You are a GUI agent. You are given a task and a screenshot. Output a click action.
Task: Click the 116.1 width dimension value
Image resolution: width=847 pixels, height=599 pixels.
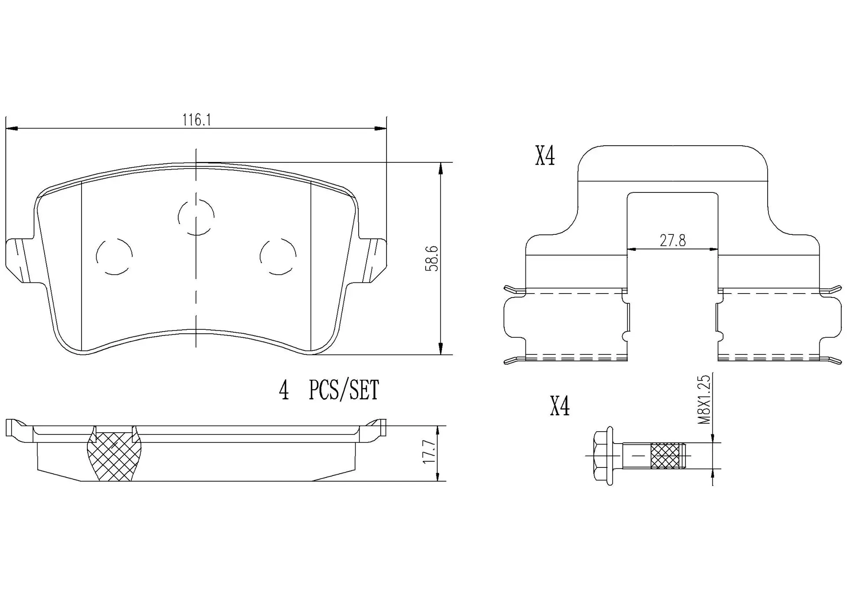(197, 120)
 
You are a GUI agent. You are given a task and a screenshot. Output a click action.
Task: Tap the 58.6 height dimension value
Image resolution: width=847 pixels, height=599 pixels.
(432, 259)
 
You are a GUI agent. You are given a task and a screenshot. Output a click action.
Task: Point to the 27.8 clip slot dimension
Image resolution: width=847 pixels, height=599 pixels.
(672, 241)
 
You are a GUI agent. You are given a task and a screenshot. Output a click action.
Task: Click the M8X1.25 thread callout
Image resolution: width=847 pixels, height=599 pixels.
(705, 400)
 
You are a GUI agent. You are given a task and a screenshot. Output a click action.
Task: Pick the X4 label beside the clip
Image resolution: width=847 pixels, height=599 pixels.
(545, 156)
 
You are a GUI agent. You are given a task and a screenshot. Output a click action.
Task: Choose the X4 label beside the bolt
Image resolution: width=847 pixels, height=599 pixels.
(559, 407)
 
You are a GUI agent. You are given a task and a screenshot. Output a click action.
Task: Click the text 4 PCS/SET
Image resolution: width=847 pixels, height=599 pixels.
(329, 390)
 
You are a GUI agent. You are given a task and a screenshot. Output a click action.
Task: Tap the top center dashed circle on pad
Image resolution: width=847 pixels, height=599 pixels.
(196, 217)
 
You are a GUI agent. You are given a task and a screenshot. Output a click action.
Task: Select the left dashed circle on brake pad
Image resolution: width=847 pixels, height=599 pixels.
(114, 256)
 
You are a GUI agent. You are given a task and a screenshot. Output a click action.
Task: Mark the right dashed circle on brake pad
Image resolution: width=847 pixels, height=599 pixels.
(278, 256)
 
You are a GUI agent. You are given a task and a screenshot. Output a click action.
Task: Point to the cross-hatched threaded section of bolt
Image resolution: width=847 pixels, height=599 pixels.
(667, 455)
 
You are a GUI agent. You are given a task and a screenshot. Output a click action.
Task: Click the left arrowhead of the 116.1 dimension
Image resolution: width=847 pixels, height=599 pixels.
(11, 128)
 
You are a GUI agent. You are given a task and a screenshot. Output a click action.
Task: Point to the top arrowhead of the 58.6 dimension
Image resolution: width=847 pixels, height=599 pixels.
(440, 168)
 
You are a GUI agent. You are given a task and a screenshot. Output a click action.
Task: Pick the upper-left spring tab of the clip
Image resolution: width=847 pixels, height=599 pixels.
(514, 290)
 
